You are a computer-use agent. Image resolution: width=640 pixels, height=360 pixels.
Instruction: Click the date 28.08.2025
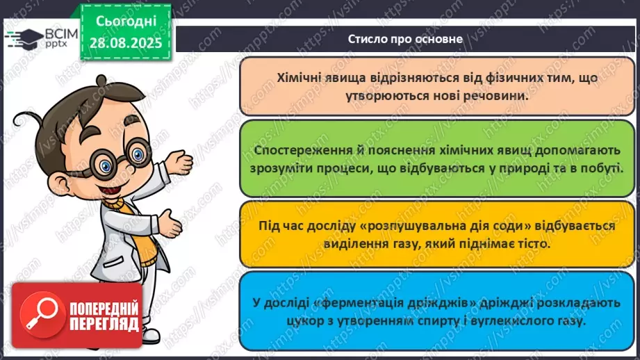click(x=126, y=42)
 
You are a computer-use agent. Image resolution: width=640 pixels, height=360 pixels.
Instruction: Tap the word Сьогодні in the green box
click(x=126, y=22)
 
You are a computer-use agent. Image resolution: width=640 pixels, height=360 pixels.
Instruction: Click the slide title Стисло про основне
click(x=405, y=39)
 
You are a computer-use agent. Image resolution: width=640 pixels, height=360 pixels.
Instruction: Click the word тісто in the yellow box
click(x=533, y=244)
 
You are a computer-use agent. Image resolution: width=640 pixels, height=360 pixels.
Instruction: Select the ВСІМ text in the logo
click(x=61, y=33)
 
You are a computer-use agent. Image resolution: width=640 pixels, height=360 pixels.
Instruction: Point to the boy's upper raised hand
click(x=180, y=163)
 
